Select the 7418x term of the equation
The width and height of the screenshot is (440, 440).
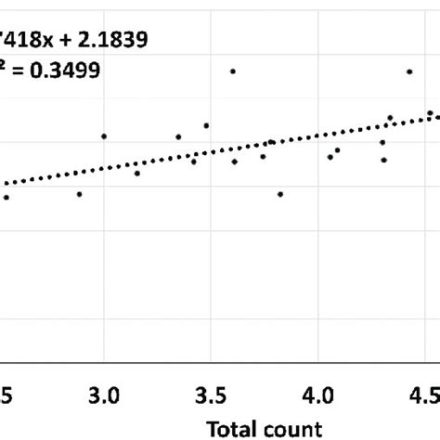[x=29, y=39]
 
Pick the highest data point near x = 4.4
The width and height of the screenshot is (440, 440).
[x=408, y=71]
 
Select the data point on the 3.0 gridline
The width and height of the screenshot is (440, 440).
[x=104, y=136]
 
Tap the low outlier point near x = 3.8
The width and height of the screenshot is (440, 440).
[x=280, y=194]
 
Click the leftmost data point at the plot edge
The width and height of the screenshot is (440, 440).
[x=6, y=198]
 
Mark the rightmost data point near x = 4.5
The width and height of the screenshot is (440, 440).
[x=430, y=113]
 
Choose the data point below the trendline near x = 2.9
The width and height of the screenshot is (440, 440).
[x=79, y=194]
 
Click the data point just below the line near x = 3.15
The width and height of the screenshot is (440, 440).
[x=136, y=174]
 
